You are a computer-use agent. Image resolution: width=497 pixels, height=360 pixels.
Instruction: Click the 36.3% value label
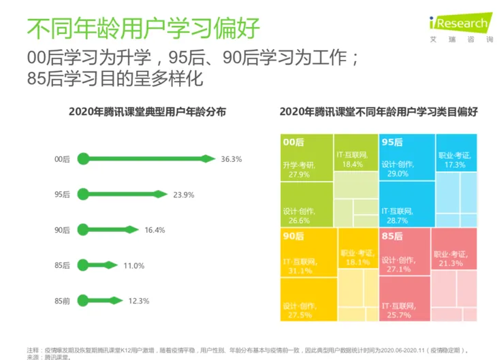click(x=231, y=159)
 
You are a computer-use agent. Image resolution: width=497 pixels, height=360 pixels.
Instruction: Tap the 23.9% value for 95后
click(x=183, y=195)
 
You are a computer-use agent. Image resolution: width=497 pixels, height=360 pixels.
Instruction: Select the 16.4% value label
click(x=155, y=230)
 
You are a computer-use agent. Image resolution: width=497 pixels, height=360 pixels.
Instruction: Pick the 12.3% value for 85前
click(x=138, y=300)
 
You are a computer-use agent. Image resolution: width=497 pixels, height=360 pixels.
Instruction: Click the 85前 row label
click(x=62, y=300)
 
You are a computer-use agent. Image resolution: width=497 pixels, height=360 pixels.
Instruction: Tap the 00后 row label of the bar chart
click(x=62, y=159)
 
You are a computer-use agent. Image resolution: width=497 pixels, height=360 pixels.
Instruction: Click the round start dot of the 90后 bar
click(x=83, y=230)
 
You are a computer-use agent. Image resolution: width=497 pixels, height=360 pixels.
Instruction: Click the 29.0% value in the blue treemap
click(x=394, y=174)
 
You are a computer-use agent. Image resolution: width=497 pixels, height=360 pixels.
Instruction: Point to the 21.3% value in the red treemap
click(x=451, y=263)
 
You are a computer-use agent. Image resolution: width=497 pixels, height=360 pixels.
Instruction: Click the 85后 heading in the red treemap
click(x=392, y=236)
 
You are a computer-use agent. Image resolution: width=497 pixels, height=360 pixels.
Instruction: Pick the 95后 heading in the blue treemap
click(x=392, y=142)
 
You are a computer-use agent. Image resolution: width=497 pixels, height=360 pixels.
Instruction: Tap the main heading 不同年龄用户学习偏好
click(x=143, y=29)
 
